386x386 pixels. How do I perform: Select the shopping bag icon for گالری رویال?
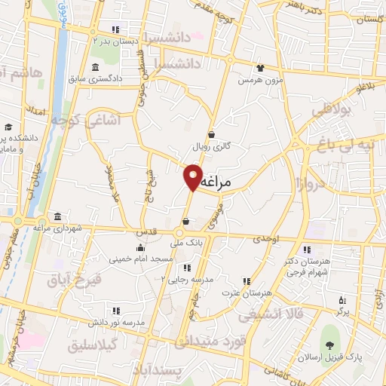[x=212, y=134]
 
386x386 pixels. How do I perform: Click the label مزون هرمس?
[x=261, y=79]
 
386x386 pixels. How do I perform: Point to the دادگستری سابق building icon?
[x=96, y=68]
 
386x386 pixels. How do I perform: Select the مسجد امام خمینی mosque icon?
[x=140, y=247]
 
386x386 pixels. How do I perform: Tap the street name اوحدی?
[x=266, y=238]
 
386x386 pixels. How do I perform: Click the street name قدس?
[x=147, y=232]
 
